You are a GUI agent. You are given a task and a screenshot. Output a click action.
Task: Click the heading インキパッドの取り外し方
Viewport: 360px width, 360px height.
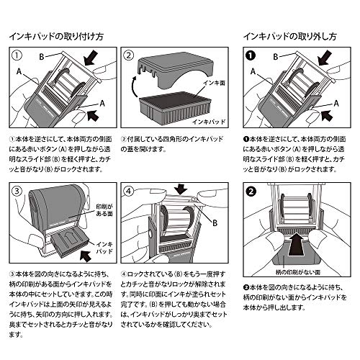[x=290, y=35]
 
